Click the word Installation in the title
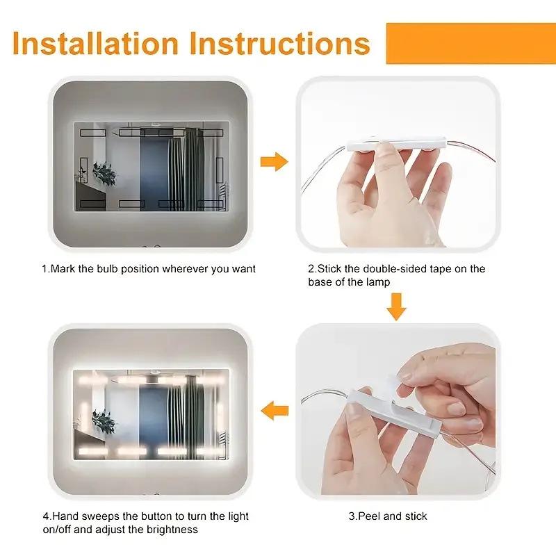pyautogui.click(x=96, y=43)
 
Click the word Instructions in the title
pyautogui.click(x=280, y=43)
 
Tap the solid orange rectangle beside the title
pyautogui.click(x=471, y=43)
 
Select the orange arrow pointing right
pyautogui.click(x=274, y=163)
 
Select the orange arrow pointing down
pyautogui.click(x=396, y=306)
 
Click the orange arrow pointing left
pyautogui.click(x=274, y=411)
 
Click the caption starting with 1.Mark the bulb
pyautogui.click(x=148, y=268)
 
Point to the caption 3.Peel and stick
pyautogui.click(x=388, y=516)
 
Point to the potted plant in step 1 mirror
pyautogui.click(x=105, y=172)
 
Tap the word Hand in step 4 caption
pyautogui.click(x=67, y=516)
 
